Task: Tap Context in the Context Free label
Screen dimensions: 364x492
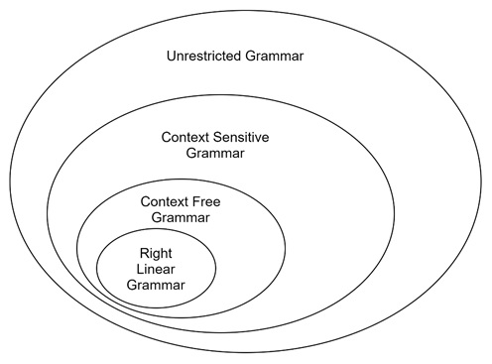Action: click(166, 200)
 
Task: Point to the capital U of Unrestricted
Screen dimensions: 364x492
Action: click(171, 56)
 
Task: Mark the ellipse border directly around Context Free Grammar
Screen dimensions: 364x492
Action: click(285, 245)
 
